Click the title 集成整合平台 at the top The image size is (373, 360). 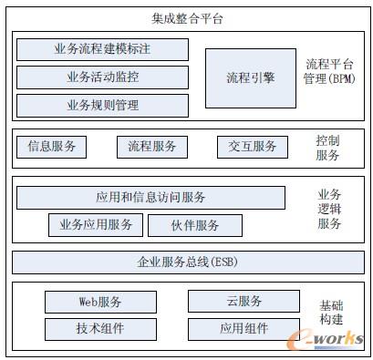[x=186, y=18]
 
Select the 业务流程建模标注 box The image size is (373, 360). [x=102, y=49]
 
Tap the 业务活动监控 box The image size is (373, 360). [x=102, y=77]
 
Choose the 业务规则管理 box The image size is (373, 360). [x=102, y=106]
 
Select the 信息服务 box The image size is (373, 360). [x=51, y=146]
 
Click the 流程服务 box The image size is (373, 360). [x=151, y=146]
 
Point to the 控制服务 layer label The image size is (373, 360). [x=327, y=148]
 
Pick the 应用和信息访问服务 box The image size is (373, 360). [x=150, y=198]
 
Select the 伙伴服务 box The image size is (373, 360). [x=194, y=225]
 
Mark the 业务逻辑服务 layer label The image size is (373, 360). [x=329, y=209]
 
